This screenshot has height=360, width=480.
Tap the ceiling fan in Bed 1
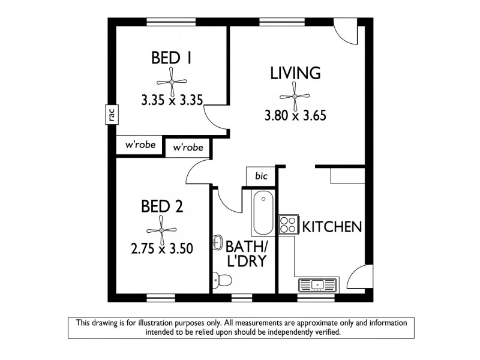(x=171, y=82)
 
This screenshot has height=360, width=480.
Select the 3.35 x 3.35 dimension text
(x=171, y=100)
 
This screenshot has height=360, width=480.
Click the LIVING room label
(x=295, y=73)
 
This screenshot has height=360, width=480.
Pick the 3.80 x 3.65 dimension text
(x=295, y=116)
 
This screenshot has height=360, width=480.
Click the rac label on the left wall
(x=112, y=114)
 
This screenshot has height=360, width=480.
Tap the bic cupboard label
(x=261, y=176)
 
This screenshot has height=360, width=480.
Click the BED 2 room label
(x=162, y=207)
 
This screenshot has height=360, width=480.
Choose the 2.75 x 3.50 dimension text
(x=162, y=248)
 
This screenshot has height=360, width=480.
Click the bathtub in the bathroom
(x=262, y=213)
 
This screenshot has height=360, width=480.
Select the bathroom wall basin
(x=216, y=244)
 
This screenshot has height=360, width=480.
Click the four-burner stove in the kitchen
(x=289, y=224)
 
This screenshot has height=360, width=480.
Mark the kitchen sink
(x=317, y=284)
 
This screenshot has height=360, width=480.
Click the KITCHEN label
(x=331, y=227)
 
